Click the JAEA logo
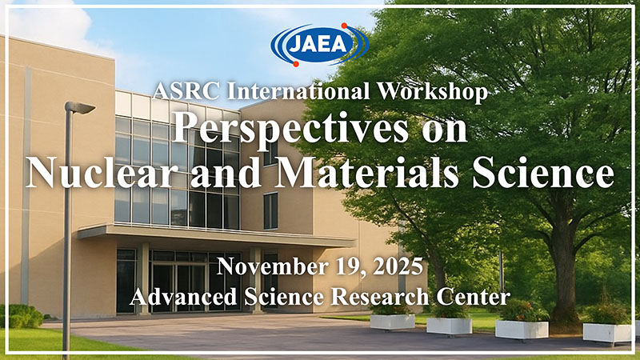click(x=319, y=45)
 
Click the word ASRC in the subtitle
click(x=186, y=91)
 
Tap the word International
click(x=298, y=91)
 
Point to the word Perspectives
click(x=290, y=129)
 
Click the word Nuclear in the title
click(x=99, y=172)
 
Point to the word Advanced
click(x=184, y=296)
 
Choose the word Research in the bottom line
click(x=379, y=296)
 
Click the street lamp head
click(x=81, y=107)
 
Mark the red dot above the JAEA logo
click(x=344, y=26)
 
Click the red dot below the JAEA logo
click(x=296, y=64)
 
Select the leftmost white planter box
click(x=392, y=322)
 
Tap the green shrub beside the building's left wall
click(x=22, y=316)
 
